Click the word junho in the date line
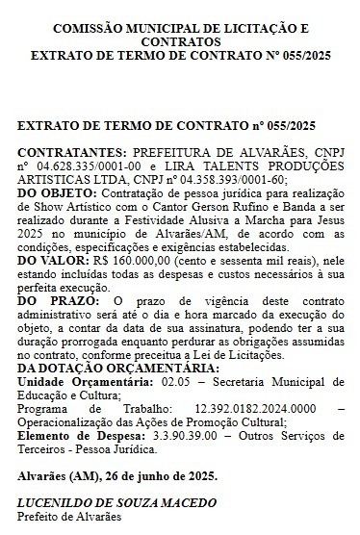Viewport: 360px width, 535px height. (153, 475)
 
